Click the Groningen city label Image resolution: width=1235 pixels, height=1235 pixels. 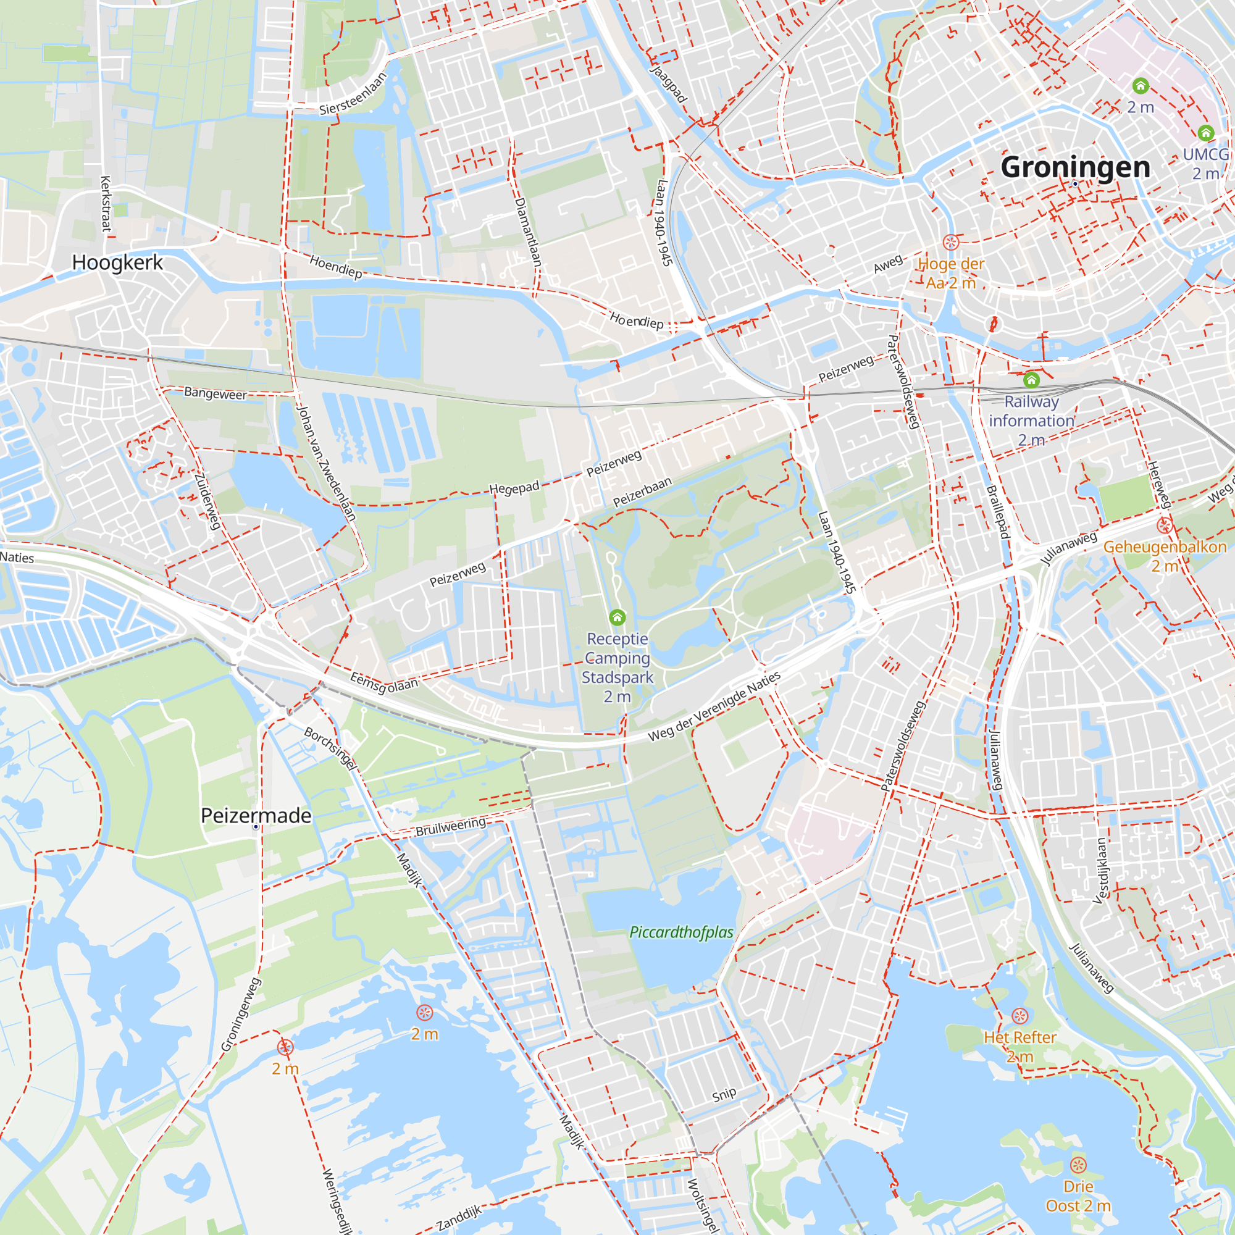[x=1075, y=167]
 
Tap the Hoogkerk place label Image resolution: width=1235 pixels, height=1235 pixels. [x=117, y=262]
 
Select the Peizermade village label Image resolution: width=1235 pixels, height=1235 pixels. [x=256, y=816]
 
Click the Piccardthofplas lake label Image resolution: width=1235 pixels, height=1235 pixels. [x=682, y=932]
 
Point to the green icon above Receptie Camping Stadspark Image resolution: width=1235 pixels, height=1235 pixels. [x=617, y=617]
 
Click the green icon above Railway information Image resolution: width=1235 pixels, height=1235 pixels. [x=1031, y=380]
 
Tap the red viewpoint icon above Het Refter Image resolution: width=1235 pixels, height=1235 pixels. [x=1019, y=1016]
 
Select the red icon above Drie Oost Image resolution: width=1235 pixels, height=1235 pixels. [x=1078, y=1165]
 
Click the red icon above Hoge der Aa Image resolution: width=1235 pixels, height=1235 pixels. [x=950, y=242]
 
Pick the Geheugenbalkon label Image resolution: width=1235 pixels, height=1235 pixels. [x=1165, y=547]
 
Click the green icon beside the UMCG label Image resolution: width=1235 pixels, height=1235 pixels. [x=1205, y=133]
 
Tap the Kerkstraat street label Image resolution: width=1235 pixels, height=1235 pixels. [x=106, y=203]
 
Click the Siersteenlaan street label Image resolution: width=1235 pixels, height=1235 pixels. [x=353, y=93]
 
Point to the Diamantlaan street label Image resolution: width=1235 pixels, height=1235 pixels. [x=529, y=232]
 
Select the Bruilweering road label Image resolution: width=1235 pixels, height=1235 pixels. [x=451, y=827]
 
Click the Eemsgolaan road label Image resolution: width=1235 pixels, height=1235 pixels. [x=384, y=683]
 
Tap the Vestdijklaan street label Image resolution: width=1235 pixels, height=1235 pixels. [x=1101, y=871]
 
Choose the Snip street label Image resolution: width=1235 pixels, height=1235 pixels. [x=724, y=1094]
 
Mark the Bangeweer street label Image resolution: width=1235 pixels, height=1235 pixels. [x=215, y=393]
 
